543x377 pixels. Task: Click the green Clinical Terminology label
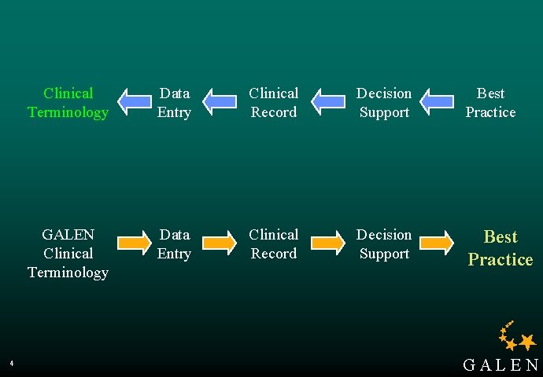pyautogui.click(x=68, y=103)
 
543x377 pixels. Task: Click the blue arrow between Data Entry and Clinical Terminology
pyautogui.click(x=135, y=101)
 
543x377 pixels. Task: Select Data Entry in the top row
pyautogui.click(x=174, y=103)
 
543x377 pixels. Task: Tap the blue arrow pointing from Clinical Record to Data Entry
pyautogui.click(x=220, y=101)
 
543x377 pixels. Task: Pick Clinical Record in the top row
pyautogui.click(x=274, y=103)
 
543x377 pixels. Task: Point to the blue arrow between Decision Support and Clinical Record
pyautogui.click(x=328, y=101)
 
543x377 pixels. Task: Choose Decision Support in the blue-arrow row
pyautogui.click(x=384, y=103)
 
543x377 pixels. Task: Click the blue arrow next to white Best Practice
pyautogui.click(x=437, y=101)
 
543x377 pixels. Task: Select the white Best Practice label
pyautogui.click(x=490, y=103)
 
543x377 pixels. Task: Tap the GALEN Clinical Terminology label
pyautogui.click(x=68, y=253)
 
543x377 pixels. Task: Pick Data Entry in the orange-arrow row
pyautogui.click(x=174, y=244)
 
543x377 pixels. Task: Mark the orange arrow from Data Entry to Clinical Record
pyautogui.click(x=220, y=243)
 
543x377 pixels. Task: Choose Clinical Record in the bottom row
pyautogui.click(x=274, y=244)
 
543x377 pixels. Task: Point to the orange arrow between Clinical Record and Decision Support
pyautogui.click(x=328, y=243)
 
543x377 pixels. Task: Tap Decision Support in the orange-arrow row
pyautogui.click(x=384, y=244)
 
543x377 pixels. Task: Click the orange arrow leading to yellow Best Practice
pyautogui.click(x=437, y=243)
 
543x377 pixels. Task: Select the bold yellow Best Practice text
pyautogui.click(x=501, y=248)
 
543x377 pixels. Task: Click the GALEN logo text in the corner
pyautogui.click(x=501, y=365)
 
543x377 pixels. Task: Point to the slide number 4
pyautogui.click(x=12, y=363)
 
